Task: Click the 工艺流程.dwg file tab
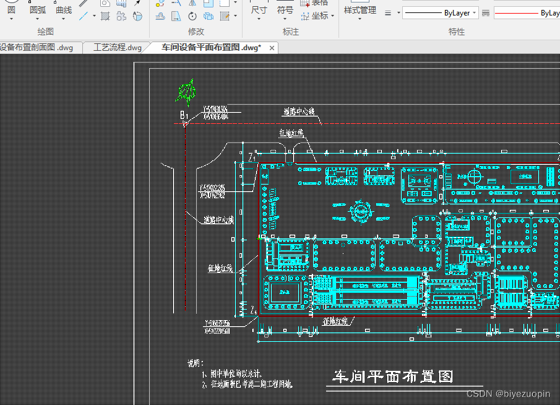click(118, 47)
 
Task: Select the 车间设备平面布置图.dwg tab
click(210, 47)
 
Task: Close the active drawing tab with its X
click(272, 47)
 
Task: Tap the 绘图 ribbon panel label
click(45, 32)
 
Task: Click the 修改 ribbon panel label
click(196, 32)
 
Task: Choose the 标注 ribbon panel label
click(291, 32)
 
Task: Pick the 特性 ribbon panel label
click(457, 32)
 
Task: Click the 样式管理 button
click(360, 10)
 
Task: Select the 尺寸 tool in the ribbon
click(259, 10)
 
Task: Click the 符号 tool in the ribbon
click(285, 10)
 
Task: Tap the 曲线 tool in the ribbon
click(64, 10)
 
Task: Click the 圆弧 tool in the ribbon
click(38, 10)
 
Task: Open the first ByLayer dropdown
click(439, 13)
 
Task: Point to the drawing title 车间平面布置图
click(393, 377)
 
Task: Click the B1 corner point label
click(184, 115)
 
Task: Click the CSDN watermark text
click(507, 394)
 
